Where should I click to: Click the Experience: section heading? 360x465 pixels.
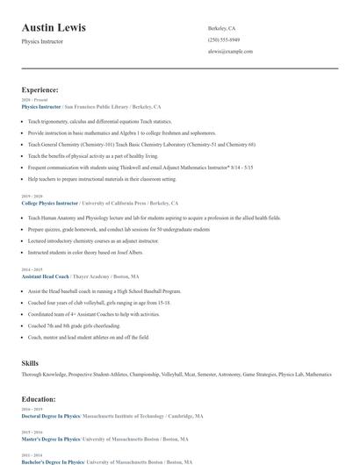coord(40,89)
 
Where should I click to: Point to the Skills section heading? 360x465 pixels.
coord(30,362)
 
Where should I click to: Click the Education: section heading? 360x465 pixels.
coord(40,398)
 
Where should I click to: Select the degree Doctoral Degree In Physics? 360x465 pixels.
coord(50,416)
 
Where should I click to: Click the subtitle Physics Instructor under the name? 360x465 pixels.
coord(42,42)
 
